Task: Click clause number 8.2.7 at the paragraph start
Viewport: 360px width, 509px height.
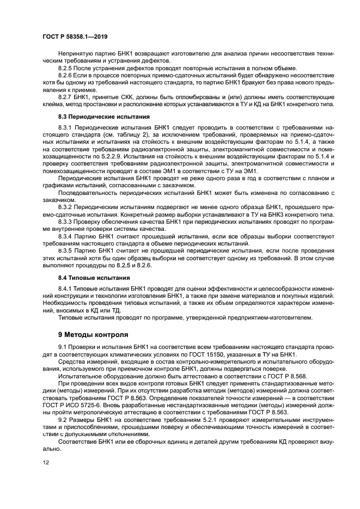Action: [67, 96]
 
